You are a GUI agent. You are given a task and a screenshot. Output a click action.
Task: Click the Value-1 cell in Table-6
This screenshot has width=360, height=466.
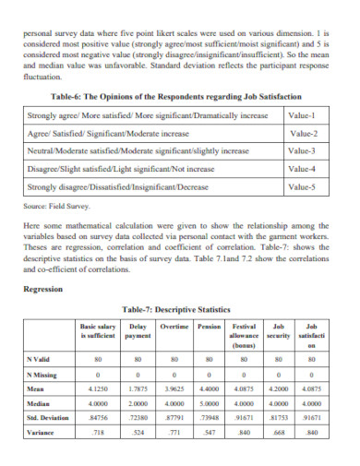tap(302, 115)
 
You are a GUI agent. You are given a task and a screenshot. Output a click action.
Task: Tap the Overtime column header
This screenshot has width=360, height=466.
tap(174, 327)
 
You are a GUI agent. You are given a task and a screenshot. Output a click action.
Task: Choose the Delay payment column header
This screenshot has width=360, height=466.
tap(138, 330)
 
